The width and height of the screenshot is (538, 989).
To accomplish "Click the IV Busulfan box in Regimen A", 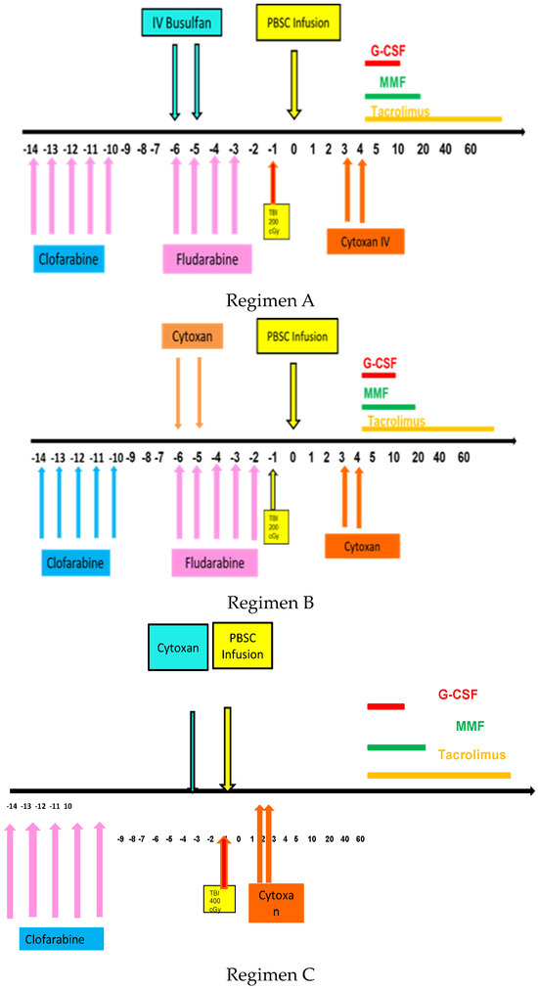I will click(185, 21).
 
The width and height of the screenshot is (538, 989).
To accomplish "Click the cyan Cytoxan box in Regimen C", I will click(178, 649).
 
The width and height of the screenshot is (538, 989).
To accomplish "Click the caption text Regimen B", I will click(270, 603).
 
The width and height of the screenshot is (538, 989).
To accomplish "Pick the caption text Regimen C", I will click(270, 973).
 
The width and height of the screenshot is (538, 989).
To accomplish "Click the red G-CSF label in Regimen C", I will click(459, 696).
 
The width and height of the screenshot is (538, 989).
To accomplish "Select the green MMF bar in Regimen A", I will click(392, 96).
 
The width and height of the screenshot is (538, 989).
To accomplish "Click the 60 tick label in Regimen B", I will click(464, 457).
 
